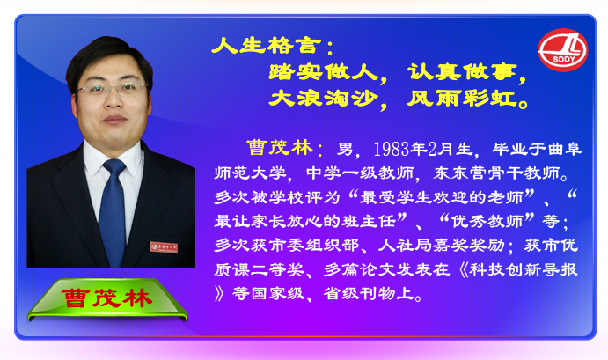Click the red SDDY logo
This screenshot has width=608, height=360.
tap(562, 50)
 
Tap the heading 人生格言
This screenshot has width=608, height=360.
tap(267, 46)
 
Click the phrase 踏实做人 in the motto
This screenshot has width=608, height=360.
tap(324, 72)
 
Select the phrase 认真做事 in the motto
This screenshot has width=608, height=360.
tap(462, 72)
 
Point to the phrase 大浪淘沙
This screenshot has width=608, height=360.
tap(324, 98)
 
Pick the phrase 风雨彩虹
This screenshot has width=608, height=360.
tap(462, 98)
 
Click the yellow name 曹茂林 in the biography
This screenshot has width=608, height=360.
tap(280, 148)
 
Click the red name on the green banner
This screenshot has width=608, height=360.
tap(106, 298)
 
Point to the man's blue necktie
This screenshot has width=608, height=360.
tap(112, 212)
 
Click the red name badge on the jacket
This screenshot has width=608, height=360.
tap(164, 247)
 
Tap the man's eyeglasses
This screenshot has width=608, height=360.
tap(113, 89)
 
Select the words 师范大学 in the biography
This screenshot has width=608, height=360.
tap(251, 173)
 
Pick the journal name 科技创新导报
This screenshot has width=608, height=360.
tap(524, 269)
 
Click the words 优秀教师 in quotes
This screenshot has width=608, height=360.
tap(487, 221)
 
